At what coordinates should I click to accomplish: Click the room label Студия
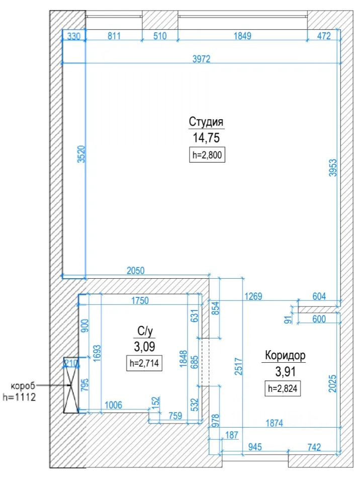tap(206, 122)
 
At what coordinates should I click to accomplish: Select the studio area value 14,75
tap(206, 138)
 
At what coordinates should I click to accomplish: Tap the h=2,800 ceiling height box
tap(207, 155)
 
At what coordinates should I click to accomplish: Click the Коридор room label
tap(285, 355)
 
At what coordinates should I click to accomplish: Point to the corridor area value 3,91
tap(286, 371)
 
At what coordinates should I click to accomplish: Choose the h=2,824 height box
tap(283, 388)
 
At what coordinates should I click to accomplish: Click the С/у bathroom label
tap(145, 331)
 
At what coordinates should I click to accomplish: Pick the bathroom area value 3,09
tap(144, 347)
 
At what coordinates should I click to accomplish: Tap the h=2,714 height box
tap(144, 363)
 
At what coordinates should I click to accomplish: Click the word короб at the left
tap(23, 386)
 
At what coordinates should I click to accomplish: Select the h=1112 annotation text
tap(19, 397)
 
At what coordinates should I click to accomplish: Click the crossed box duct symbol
tap(71, 385)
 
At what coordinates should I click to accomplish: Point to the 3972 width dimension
tap(202, 59)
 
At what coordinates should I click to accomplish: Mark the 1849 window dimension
tap(242, 36)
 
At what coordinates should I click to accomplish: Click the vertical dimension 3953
tap(333, 168)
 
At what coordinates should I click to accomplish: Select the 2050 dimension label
tap(135, 271)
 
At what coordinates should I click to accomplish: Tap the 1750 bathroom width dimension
tap(140, 300)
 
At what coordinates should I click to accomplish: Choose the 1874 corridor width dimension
tap(274, 423)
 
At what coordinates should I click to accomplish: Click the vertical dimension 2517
tap(239, 366)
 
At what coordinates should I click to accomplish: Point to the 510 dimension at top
tap(160, 36)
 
